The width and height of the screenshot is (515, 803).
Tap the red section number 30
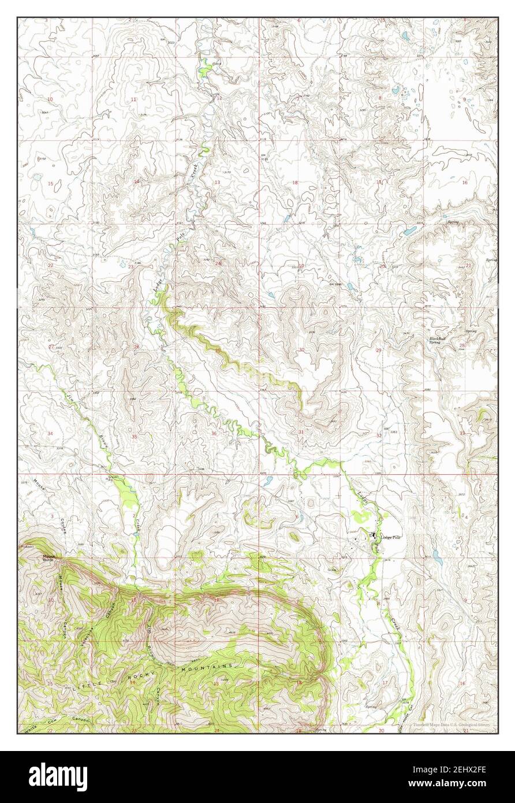(x=301, y=350)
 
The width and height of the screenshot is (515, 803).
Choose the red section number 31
(x=301, y=432)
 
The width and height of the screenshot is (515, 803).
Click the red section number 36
(x=214, y=433)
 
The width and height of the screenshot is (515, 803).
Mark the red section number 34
(x=50, y=433)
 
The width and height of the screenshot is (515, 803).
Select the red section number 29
(x=379, y=351)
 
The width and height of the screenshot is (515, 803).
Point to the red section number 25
(x=218, y=351)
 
